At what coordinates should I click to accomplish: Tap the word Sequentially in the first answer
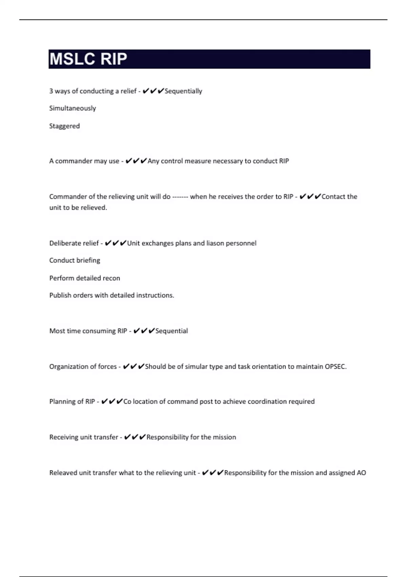point(183,91)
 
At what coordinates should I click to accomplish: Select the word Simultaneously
point(73,108)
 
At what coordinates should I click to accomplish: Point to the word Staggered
point(64,126)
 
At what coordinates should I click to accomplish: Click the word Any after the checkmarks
point(153,161)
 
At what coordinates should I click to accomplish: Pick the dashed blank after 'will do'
point(180,197)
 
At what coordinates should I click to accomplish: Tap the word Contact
point(333,197)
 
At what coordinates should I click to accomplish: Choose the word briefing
point(88,260)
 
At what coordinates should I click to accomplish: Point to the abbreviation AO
point(361,473)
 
